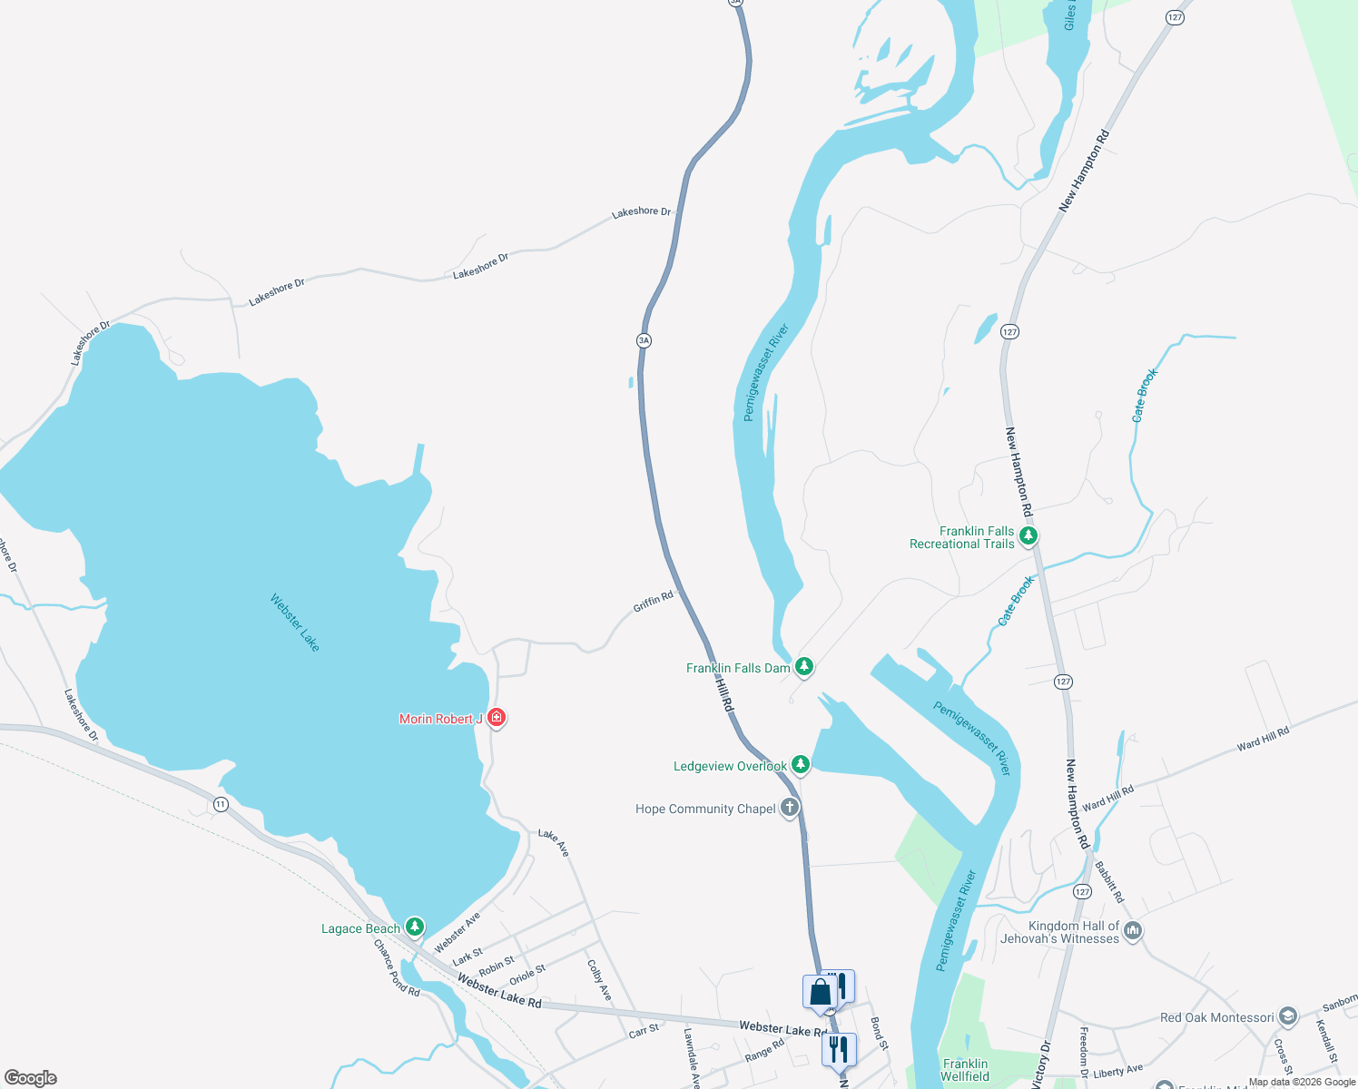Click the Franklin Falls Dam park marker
(803, 668)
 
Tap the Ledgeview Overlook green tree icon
(800, 765)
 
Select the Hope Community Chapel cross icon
(790, 808)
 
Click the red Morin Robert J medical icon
(496, 718)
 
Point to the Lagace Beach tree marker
(415, 927)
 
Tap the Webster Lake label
(295, 622)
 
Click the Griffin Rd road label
(653, 601)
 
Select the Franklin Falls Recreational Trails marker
(1028, 536)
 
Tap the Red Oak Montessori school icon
(1287, 1016)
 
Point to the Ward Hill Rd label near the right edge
(1263, 738)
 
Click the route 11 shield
(221, 804)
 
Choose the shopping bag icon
(820, 992)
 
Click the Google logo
(31, 1078)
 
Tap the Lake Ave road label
(554, 842)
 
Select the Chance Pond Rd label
(397, 968)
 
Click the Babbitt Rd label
(1109, 881)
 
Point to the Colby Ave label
(598, 980)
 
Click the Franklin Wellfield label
(965, 1070)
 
